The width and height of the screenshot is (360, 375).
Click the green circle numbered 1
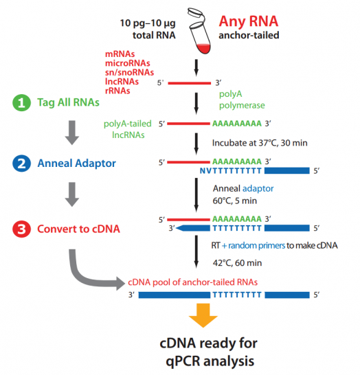22,103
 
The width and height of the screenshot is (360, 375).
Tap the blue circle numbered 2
22,165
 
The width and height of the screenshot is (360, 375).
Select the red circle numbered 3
22,227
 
